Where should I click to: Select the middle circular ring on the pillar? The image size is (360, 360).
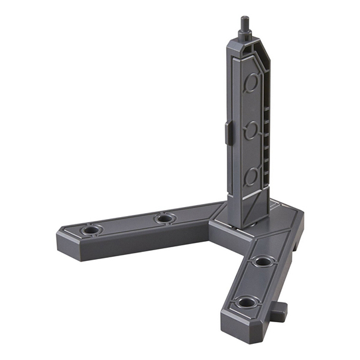tap(253, 129)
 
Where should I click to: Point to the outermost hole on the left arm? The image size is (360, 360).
tap(92, 229)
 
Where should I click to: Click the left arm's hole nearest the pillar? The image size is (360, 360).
tap(164, 218)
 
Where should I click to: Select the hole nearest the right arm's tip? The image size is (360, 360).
tap(245, 302)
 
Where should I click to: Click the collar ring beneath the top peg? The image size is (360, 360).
tap(244, 36)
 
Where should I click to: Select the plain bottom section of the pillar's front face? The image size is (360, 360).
tap(248, 207)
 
